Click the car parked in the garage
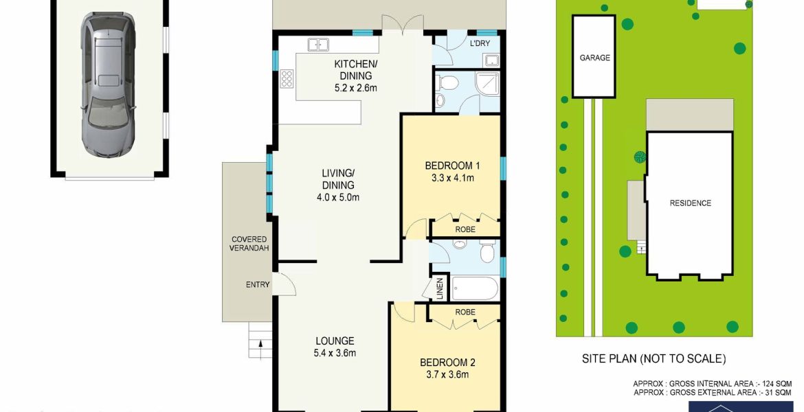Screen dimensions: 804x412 pos(108,85)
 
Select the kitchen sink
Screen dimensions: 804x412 pos(318,45)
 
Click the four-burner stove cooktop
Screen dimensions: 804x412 pos(287,78)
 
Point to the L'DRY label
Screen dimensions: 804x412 pos(480,43)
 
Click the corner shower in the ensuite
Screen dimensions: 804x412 pos(487,84)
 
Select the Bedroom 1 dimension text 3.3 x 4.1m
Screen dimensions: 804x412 pos(449,179)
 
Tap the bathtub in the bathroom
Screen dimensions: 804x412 pos(475,288)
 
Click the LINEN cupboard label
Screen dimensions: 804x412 pos(440,288)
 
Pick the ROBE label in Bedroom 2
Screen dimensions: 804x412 pos(465,312)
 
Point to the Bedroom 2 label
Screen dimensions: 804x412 pos(447,363)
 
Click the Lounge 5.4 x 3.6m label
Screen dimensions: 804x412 pos(335,346)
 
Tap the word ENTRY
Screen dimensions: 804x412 pos(258,284)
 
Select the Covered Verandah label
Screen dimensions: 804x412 pos(249,243)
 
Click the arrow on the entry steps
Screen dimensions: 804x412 pos(261,348)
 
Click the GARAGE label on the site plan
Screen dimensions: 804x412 pos(595,58)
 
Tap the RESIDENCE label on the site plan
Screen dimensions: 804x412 pos(690,203)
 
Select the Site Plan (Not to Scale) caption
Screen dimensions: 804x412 pos(654,358)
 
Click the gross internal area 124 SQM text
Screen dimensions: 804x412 pos(712,384)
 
